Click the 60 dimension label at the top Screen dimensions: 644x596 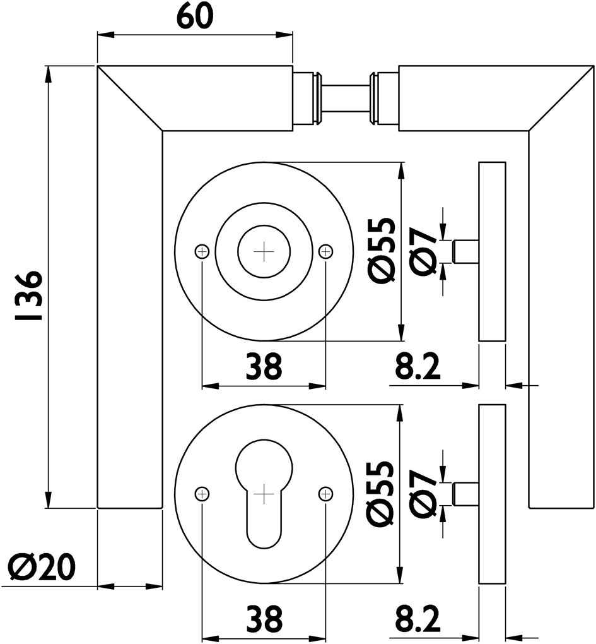(x=195, y=16)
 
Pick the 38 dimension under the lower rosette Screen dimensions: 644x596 (x=263, y=619)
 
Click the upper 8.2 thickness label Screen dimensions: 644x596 (x=418, y=366)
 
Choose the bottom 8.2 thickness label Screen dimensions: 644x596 (x=418, y=619)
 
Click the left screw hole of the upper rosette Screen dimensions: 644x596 (x=202, y=252)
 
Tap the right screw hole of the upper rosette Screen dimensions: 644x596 (x=325, y=252)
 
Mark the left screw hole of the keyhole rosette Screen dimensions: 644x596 (x=202, y=493)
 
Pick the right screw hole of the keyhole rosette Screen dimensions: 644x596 (x=325, y=493)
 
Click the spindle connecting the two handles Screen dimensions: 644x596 (x=346, y=98)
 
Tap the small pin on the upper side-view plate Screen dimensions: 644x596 (x=467, y=251)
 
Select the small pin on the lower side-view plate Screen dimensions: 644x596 (x=467, y=493)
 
